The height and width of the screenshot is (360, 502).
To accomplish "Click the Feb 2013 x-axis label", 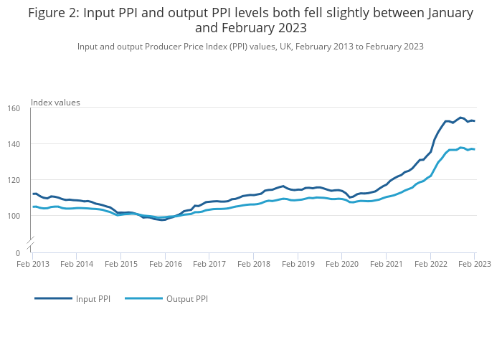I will tap(32, 263).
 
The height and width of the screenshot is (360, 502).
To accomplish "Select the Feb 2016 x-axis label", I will tap(165, 263).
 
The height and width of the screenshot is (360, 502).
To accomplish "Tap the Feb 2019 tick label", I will tap(298, 263).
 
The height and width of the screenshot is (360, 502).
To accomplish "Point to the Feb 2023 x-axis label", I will tap(475, 263).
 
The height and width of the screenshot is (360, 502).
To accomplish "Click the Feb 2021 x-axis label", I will tap(386, 263).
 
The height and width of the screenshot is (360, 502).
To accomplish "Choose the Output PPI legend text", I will tap(187, 298).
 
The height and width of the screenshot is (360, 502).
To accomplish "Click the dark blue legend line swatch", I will tap(53, 298).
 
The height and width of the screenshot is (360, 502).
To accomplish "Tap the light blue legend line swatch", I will tap(143, 298).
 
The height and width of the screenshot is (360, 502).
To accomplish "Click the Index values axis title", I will tap(55, 103).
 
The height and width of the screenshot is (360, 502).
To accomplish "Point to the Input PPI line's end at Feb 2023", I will tap(474, 120).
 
